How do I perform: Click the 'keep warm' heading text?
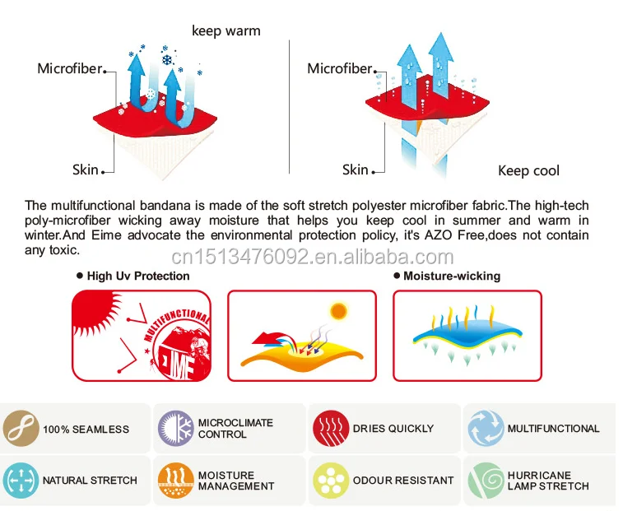click(226, 31)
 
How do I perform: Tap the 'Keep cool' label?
click(528, 170)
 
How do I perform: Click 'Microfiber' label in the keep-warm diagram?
click(70, 68)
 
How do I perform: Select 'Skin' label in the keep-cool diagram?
click(356, 170)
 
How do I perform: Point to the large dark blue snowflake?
click(167, 60)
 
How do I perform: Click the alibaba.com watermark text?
click(312, 257)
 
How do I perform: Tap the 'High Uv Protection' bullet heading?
click(133, 276)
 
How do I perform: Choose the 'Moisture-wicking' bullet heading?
click(447, 276)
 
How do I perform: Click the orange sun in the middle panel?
click(338, 312)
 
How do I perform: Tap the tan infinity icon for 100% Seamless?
click(21, 429)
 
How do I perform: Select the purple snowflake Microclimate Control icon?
click(175, 429)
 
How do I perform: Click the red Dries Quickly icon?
click(331, 429)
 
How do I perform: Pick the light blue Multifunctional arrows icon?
click(486, 429)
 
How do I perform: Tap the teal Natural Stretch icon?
click(21, 480)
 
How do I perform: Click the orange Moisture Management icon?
click(175, 480)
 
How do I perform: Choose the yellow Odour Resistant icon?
click(331, 480)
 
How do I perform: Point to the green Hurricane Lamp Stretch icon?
click(486, 480)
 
